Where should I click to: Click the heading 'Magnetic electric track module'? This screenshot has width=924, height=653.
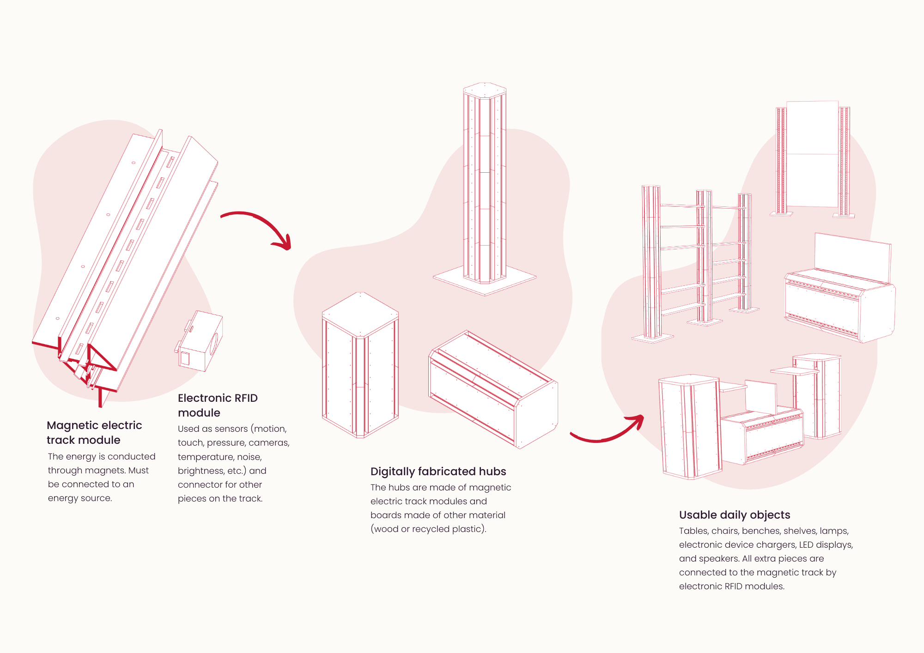(94, 432)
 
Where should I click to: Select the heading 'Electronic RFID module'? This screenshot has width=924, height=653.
(218, 405)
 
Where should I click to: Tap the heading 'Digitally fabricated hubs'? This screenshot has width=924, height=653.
(438, 471)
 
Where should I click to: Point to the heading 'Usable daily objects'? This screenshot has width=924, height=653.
(735, 514)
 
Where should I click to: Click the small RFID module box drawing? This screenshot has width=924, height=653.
(200, 342)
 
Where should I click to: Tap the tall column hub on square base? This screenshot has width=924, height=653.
(485, 185)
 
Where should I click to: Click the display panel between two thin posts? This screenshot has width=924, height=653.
(812, 155)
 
